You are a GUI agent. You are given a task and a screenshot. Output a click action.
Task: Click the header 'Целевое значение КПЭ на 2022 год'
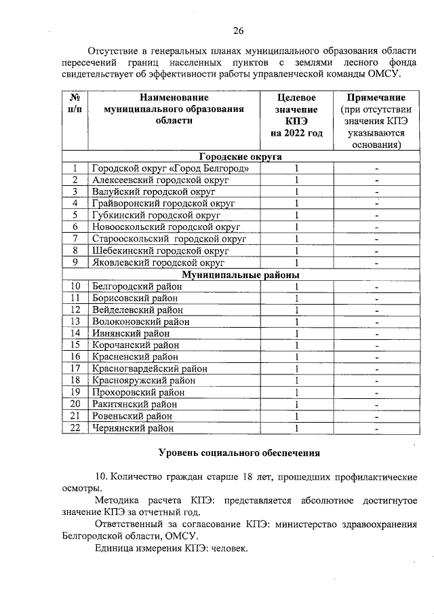click(x=296, y=115)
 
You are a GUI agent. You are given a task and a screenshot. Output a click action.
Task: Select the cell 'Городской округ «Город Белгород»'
click(x=175, y=168)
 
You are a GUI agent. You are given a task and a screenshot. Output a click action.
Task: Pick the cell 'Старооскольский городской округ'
click(x=169, y=239)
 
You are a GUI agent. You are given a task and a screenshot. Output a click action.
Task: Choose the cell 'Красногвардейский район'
click(x=149, y=369)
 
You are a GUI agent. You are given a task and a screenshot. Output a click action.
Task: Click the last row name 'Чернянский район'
click(x=134, y=428)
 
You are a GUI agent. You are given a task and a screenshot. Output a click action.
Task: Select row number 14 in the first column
click(x=75, y=334)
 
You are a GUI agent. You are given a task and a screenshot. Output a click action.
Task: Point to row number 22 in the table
click(x=75, y=428)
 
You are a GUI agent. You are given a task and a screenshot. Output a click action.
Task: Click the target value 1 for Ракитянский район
click(x=296, y=404)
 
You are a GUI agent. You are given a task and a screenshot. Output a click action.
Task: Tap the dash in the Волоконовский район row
click(x=376, y=322)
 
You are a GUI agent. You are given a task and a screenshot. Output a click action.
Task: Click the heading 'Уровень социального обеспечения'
click(x=238, y=453)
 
